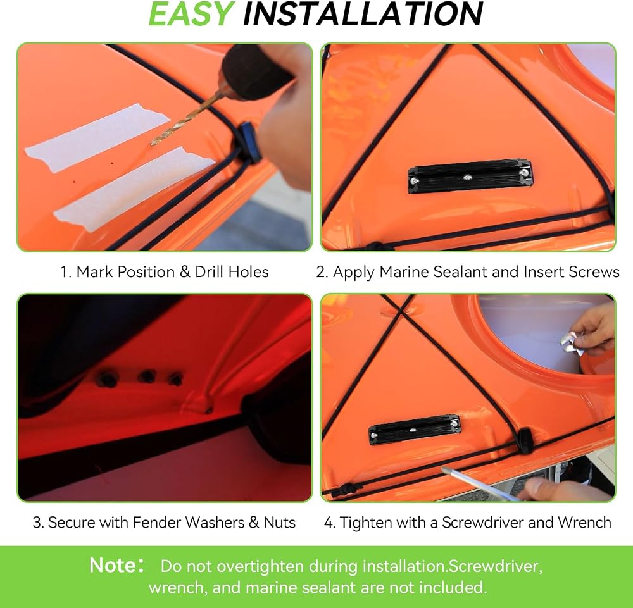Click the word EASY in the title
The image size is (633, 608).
coord(191,14)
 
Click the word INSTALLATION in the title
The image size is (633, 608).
coord(363,14)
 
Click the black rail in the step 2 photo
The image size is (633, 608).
coord(469,175)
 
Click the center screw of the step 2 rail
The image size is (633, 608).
coord(467,177)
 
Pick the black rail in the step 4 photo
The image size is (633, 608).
coord(414,430)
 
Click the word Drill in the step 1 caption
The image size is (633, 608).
coord(210,272)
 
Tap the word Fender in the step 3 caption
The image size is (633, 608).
coord(156,523)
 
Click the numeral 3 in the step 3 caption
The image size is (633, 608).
coord(37,523)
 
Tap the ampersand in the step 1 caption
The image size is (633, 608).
coord(185,272)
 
